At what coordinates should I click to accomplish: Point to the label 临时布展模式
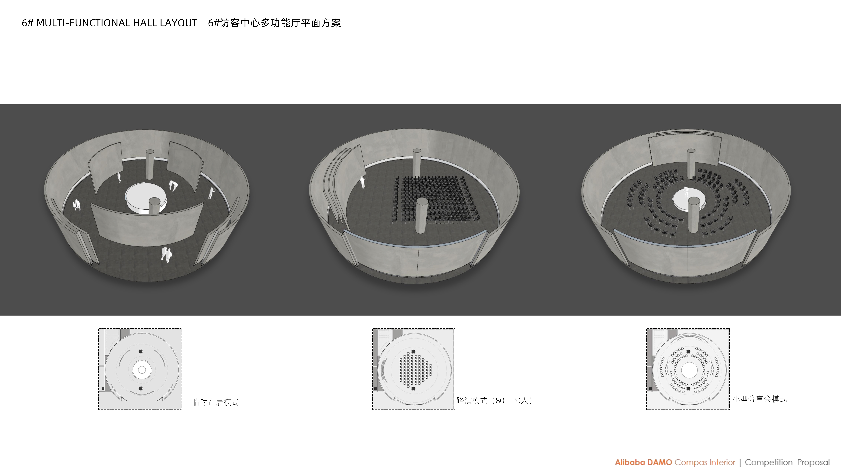click(216, 402)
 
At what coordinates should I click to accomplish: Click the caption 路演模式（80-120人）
click(494, 401)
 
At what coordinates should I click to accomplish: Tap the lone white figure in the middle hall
click(362, 182)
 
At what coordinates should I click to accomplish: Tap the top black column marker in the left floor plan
click(141, 351)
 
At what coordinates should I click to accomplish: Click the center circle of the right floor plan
click(689, 370)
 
